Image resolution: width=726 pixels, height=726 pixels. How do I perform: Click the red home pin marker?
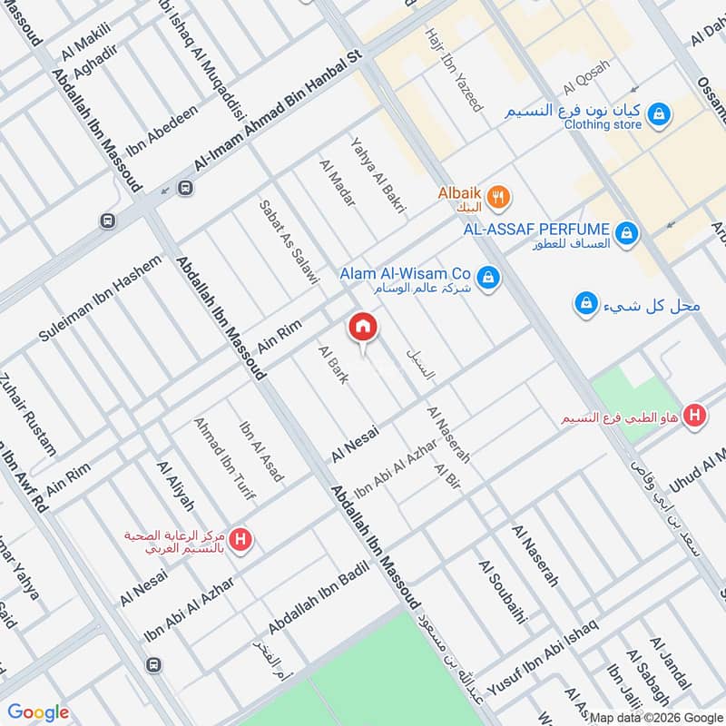pos(362,328)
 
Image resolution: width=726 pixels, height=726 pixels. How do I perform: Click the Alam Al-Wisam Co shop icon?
pos(488,278)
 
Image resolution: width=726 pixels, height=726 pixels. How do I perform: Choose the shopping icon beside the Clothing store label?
pos(660,114)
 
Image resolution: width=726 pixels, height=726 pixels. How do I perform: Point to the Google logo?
pos(38,712)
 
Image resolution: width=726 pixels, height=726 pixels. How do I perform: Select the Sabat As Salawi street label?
pos(289,242)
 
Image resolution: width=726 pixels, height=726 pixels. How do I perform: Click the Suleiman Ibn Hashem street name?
pos(100,298)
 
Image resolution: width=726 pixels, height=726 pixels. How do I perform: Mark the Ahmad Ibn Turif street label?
pos(224,460)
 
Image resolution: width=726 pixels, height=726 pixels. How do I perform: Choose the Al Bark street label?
pos(332,364)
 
